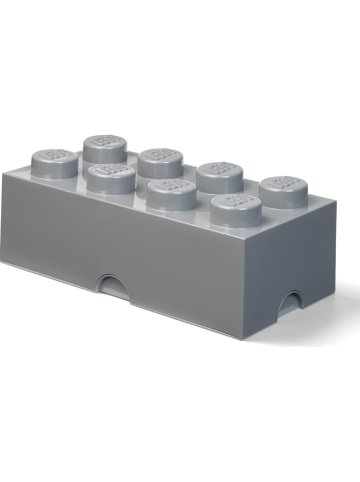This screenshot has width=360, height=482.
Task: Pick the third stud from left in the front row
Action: click(x=169, y=194)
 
